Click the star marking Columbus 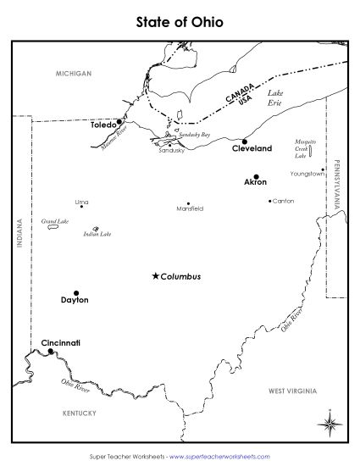pos(154,276)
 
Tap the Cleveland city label pos(252,148)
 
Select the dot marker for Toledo pos(119,121)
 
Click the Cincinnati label pos(61,342)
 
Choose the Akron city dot pos(256,177)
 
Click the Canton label pos(283,201)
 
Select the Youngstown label pos(307,174)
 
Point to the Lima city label pos(81,202)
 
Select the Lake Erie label pos(276,97)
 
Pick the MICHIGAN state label pos(74,74)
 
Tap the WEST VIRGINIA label pos(292,391)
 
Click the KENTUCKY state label pos(80,413)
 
